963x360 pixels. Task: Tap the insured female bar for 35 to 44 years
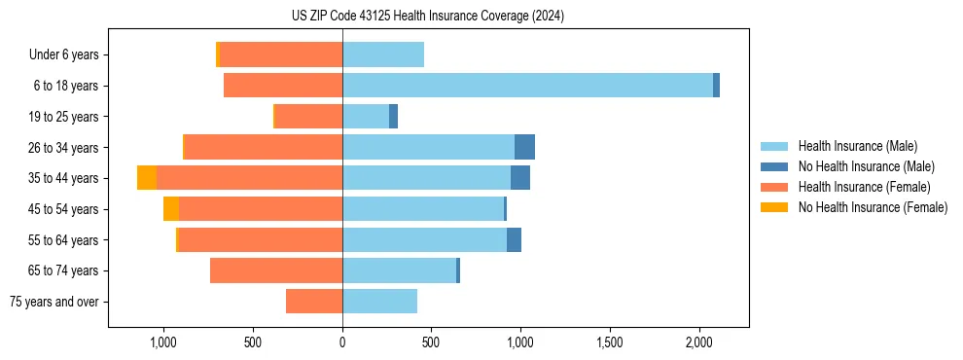pyautogui.click(x=249, y=178)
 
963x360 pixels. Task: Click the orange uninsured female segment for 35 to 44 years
pyautogui.click(x=147, y=178)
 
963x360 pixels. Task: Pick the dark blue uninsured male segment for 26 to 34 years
pyautogui.click(x=524, y=147)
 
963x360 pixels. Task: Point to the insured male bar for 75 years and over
pyautogui.click(x=379, y=302)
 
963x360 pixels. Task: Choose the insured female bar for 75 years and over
pyautogui.click(x=314, y=302)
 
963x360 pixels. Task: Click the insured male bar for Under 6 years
pyautogui.click(x=383, y=54)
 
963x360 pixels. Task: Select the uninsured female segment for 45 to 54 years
pyautogui.click(x=171, y=209)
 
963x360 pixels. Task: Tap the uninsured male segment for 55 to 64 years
pyautogui.click(x=514, y=240)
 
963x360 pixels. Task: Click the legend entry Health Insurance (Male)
pyautogui.click(x=857, y=146)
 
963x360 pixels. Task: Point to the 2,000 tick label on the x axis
pyautogui.click(x=698, y=343)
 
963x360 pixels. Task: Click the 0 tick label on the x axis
pyautogui.click(x=342, y=343)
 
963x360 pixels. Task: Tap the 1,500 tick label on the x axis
pyautogui.click(x=610, y=343)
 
